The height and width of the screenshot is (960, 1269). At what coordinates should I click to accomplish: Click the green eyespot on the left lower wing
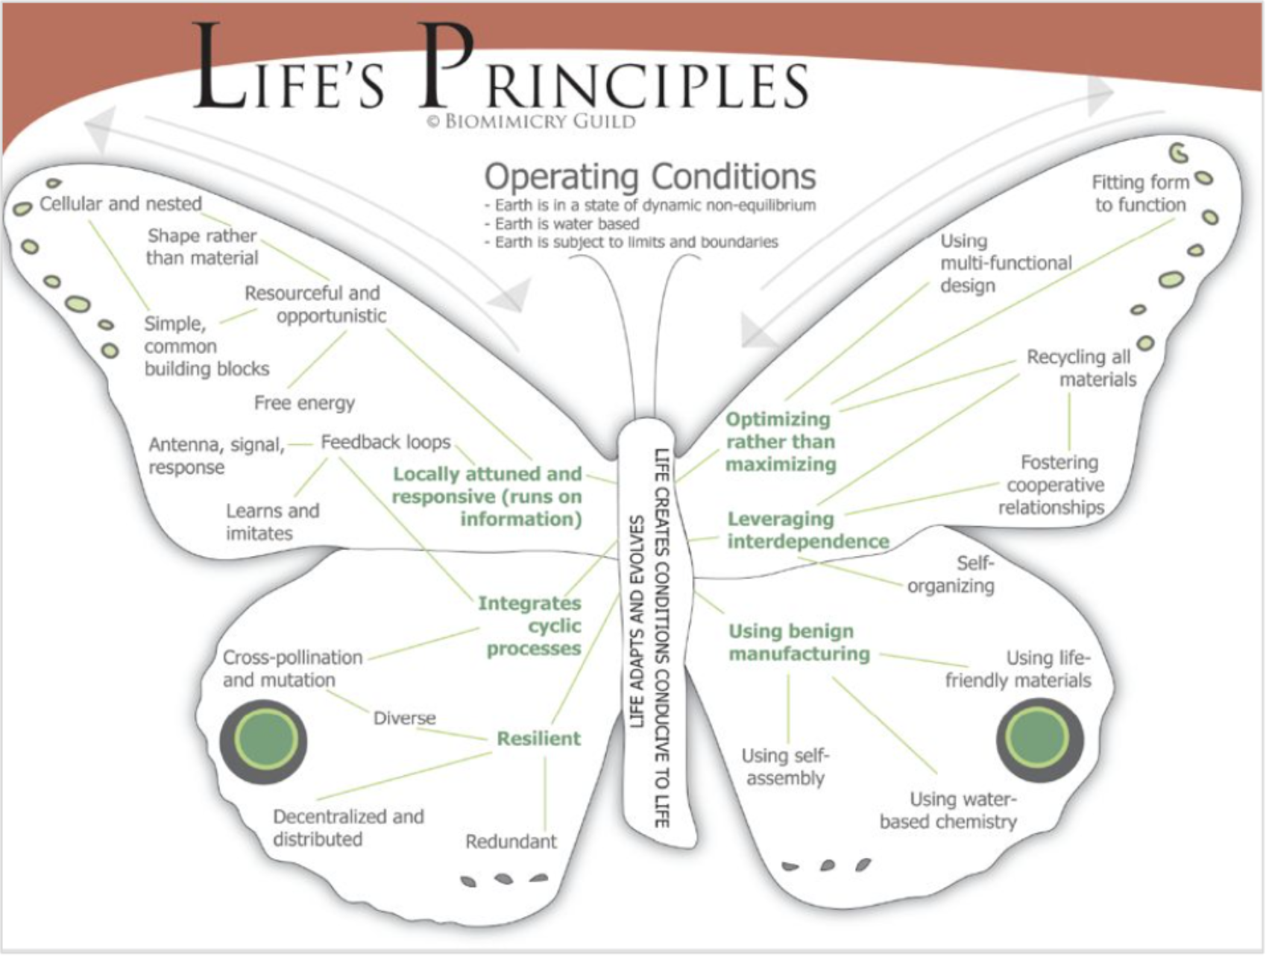(264, 741)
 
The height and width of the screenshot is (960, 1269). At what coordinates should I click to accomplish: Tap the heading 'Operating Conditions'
(650, 177)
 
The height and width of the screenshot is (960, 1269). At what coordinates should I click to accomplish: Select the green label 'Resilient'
(538, 739)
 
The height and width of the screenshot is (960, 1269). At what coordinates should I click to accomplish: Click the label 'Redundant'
(511, 841)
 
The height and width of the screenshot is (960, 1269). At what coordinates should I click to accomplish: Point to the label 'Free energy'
(304, 403)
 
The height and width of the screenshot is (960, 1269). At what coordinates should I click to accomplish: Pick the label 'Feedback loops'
(385, 442)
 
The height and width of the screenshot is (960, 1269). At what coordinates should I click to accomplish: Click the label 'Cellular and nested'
(121, 203)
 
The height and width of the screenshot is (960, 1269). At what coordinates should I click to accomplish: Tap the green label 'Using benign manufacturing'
(799, 642)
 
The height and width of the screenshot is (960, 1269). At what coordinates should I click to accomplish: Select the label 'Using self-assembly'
(785, 767)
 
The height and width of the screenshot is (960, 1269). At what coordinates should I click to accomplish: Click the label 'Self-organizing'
(952, 575)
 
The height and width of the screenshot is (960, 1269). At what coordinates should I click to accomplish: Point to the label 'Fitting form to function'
(1140, 193)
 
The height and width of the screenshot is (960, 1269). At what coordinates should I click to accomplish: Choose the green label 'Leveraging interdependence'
(807, 530)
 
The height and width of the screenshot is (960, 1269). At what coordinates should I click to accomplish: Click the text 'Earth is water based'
(567, 224)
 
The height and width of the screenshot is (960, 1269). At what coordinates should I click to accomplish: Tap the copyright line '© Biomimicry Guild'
(532, 121)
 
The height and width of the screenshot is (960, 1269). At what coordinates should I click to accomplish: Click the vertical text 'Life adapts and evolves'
(636, 621)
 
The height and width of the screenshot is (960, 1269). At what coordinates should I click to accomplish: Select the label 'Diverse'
(404, 718)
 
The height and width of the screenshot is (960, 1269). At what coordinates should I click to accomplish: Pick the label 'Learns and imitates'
(272, 522)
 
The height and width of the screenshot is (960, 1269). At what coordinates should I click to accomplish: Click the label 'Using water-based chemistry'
(948, 810)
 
